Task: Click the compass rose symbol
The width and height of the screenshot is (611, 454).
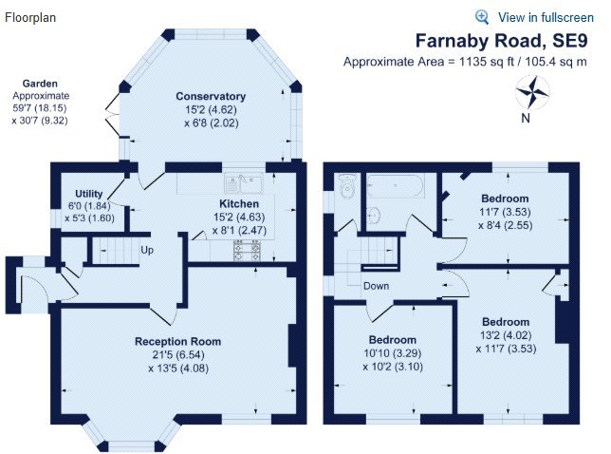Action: (x=532, y=93)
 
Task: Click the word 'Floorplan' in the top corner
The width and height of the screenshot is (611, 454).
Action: (x=29, y=17)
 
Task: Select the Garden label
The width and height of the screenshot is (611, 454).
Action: (x=41, y=84)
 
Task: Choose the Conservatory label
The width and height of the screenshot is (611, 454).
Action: (x=211, y=96)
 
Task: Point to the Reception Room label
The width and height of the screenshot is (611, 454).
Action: (x=177, y=341)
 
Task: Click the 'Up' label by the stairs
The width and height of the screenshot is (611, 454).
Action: (x=146, y=251)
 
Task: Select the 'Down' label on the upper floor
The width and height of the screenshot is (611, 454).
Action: (x=376, y=284)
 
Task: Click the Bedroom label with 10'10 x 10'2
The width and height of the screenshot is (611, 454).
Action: (x=393, y=340)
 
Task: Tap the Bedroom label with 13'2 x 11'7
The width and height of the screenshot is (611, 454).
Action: (x=506, y=320)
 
